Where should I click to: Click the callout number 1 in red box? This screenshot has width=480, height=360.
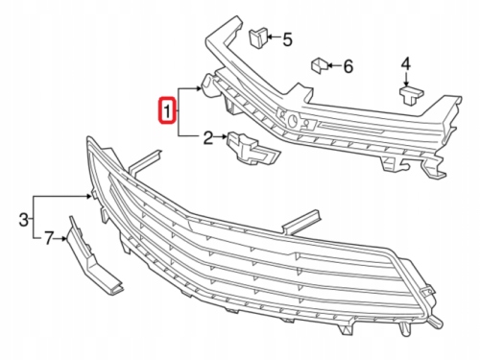coord(167,110)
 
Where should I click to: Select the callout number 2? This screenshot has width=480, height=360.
coord(208,137)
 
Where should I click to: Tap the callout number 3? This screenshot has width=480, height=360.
coord(23,220)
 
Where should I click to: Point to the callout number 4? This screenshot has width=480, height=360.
coord(405,64)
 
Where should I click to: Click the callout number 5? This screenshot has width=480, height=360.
coord(287,39)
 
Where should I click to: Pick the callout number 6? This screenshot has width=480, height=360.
coord(348,66)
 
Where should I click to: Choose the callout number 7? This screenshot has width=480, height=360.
coord(48,238)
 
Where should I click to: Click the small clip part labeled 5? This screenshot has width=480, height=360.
coord(258,38)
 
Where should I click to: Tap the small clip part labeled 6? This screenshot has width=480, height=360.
coord(319,65)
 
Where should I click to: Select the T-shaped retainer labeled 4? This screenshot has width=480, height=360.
coord(411,95)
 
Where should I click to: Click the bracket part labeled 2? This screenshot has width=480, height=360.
coord(252,149)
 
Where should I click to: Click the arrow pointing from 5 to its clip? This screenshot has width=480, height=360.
coord(274,37)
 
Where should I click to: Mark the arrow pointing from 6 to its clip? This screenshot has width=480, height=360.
coord(334,66)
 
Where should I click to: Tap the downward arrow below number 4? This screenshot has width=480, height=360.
coord(406,79)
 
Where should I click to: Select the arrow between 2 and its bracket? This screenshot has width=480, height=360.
coord(221,137)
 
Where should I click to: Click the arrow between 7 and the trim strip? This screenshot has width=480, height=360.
coord(60,238)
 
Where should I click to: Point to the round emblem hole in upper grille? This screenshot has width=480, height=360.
coord(292,121)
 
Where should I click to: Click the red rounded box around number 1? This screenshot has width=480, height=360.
coord(167,110)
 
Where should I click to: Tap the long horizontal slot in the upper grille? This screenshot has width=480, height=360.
coord(352,128)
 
